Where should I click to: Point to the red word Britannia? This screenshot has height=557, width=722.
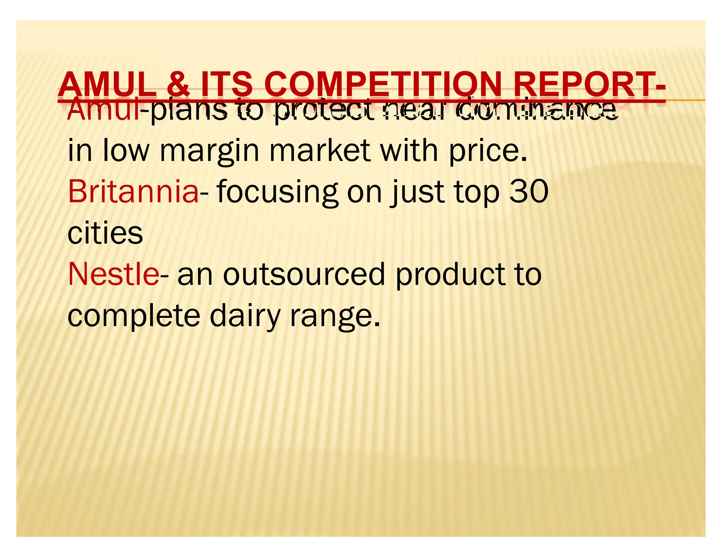point(133,192)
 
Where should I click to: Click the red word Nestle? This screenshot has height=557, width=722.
point(113,274)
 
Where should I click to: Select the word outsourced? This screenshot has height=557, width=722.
point(304,274)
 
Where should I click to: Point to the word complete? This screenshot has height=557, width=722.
point(134,316)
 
